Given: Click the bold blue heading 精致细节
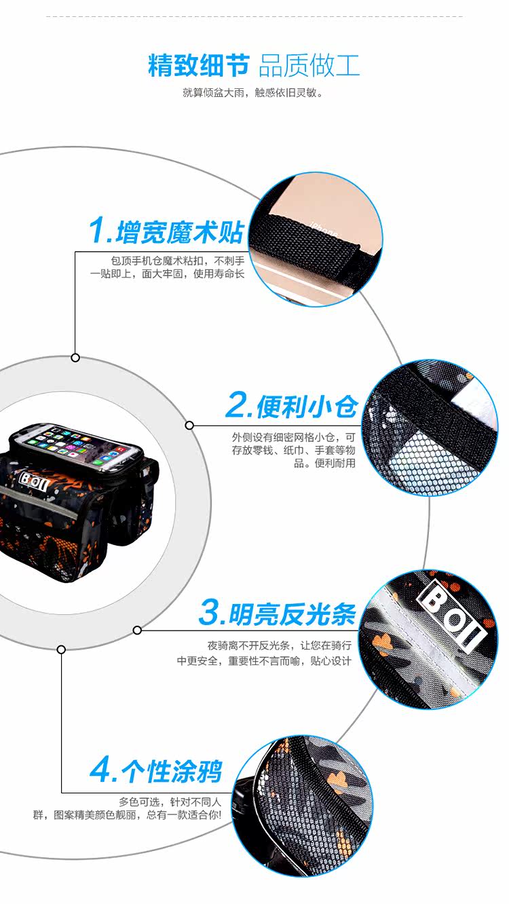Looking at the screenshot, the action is [199, 65].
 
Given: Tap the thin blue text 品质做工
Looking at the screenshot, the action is [309, 65].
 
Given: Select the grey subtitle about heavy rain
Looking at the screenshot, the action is [253, 93].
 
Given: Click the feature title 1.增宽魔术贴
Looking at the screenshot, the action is [166, 231].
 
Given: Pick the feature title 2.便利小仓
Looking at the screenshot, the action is [291, 406].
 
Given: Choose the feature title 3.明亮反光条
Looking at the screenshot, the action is [278, 614].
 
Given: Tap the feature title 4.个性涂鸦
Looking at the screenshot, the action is [156, 770].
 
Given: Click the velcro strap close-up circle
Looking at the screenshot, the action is [315, 240].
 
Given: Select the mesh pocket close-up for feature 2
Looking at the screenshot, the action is [430, 428].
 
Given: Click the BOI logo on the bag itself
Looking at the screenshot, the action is [34, 481].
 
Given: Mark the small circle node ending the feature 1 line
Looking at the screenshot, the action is [75, 358].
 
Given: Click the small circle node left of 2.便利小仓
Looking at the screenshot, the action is [189, 425].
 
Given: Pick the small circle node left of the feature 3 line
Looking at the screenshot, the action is [137, 630].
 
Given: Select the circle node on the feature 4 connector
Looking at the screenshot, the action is [61, 649].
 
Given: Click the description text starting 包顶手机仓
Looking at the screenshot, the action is [167, 267].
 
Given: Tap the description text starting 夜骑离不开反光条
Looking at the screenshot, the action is [264, 653].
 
